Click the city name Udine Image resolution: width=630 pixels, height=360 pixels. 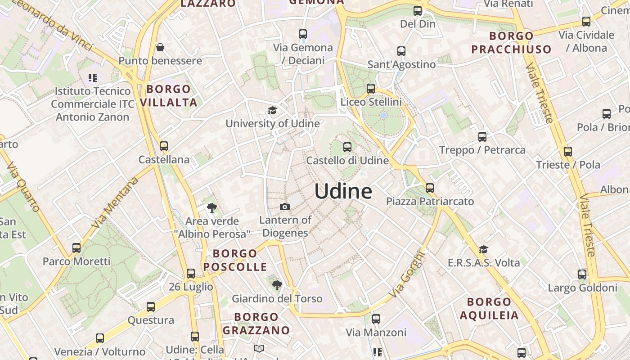point(343,191)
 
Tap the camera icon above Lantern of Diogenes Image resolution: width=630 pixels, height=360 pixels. point(285,207)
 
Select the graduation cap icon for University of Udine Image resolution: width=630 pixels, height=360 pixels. point(272,111)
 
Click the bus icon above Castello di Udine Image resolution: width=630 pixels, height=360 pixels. point(347,147)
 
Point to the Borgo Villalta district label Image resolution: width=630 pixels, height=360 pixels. point(169,95)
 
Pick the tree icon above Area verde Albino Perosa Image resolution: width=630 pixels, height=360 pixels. point(212,208)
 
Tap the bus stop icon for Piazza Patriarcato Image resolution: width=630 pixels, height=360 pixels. point(430,188)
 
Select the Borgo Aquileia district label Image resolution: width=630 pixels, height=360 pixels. point(489,308)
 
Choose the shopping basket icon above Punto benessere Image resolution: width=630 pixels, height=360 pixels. point(160,47)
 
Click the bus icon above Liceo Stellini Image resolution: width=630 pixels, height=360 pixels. point(371,89)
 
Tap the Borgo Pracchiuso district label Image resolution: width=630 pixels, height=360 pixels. point(511,42)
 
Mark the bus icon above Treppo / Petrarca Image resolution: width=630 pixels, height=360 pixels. point(482,137)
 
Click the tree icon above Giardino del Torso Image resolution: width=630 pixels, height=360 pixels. point(277,285)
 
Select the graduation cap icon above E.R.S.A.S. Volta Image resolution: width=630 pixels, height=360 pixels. point(483,249)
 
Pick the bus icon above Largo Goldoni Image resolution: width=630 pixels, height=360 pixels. point(582,274)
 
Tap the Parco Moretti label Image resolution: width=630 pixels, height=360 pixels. point(76,261)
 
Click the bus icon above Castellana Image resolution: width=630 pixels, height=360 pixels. point(164,146)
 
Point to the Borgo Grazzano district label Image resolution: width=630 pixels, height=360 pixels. point(256,324)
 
